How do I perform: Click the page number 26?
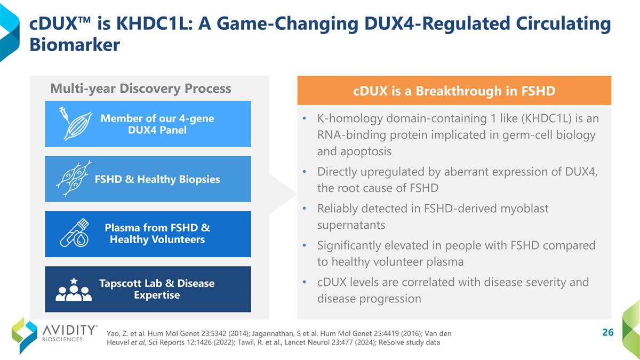[x=607, y=333]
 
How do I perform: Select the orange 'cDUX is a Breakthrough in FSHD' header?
[x=454, y=91]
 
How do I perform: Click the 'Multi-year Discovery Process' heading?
[x=140, y=89]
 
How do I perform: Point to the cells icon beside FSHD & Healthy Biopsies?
[x=74, y=179]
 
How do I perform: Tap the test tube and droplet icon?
[x=74, y=234]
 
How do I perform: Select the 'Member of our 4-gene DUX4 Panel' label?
[x=157, y=124]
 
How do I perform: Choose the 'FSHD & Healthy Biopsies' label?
[x=157, y=179]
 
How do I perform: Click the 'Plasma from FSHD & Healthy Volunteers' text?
[x=157, y=234]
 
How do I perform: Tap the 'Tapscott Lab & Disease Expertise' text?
[x=157, y=289]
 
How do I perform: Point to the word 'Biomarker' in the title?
[x=75, y=45]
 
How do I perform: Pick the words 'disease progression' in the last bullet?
[x=369, y=299]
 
